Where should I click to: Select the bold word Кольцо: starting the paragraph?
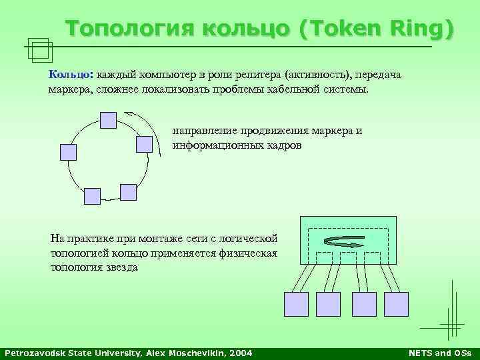pyautogui.click(x=71, y=75)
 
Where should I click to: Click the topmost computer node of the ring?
pyautogui.click(x=108, y=119)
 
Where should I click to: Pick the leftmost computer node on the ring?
pyautogui.click(x=69, y=152)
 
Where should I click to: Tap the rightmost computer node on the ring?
pyautogui.click(x=145, y=144)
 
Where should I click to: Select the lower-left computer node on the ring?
pyautogui.click(x=92, y=196)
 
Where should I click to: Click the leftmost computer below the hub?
pyautogui.click(x=296, y=303)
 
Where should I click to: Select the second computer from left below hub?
pyautogui.click(x=328, y=303)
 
